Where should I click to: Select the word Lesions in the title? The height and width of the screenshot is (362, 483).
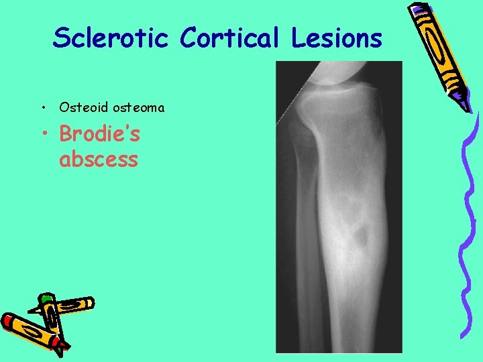click(337, 38)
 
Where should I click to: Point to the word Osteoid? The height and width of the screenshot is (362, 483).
click(78, 107)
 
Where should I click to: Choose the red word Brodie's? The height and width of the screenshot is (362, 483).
click(99, 135)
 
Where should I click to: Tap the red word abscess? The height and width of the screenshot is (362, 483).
click(99, 160)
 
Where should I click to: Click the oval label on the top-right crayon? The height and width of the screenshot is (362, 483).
click(441, 50)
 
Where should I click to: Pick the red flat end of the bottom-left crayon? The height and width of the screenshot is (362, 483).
click(7, 321)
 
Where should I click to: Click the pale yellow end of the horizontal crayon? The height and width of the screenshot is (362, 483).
click(89, 303)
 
